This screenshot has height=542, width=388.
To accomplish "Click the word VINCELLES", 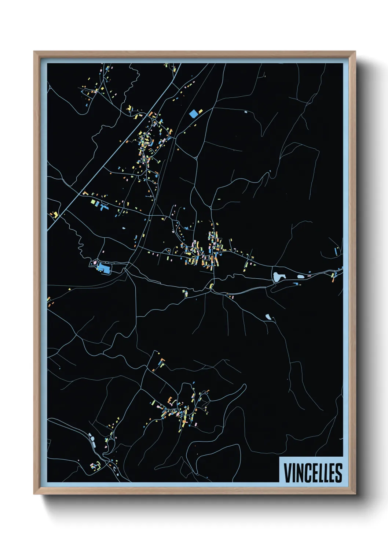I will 313,473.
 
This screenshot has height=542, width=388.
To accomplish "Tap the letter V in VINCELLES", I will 287,473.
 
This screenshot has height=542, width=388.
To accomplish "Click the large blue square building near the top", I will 193,114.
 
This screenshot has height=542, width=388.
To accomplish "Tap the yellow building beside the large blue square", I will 200,111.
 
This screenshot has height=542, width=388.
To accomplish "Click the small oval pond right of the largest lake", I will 300,276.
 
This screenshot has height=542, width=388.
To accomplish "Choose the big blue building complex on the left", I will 104,268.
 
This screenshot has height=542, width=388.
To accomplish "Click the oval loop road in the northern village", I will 146,141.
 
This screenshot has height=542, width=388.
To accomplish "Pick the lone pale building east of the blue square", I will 246,112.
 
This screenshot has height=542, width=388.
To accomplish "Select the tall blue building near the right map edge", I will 336,252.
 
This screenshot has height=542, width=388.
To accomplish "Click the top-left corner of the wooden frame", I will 34,52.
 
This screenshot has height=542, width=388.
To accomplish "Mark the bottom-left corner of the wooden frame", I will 34,494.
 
